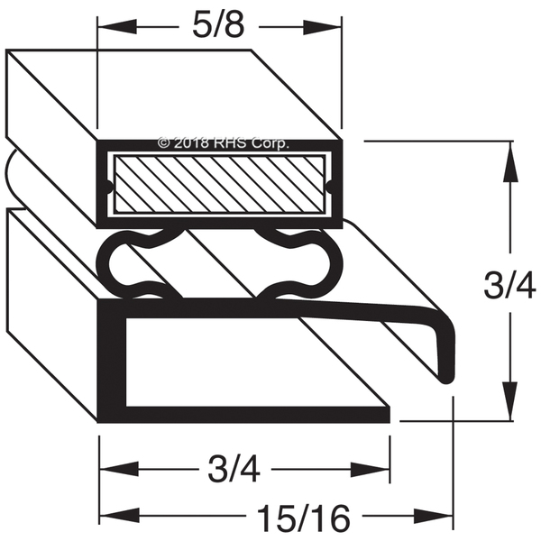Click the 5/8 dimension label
click(218, 27)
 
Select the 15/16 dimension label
click(304, 518)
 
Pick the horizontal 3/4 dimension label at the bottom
click(234, 470)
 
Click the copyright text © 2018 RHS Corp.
click(223, 142)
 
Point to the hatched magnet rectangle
click(219, 184)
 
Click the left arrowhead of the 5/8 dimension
click(117, 27)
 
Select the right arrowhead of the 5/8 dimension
click(323, 27)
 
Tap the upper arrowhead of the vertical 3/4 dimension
click(510, 161)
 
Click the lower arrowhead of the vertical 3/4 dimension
click(510, 401)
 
